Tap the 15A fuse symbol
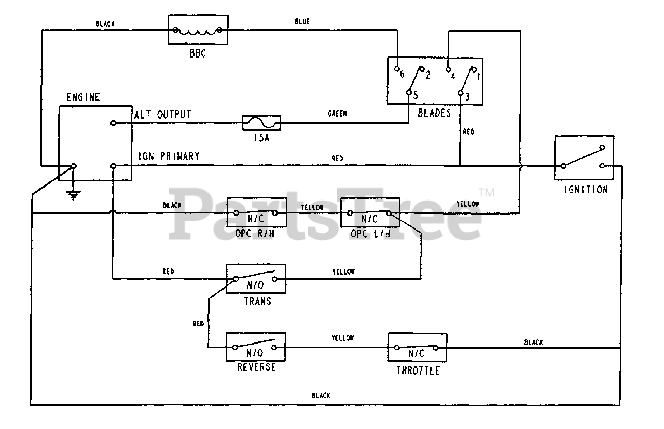(261, 123)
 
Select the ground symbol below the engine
(73, 195)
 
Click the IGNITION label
(586, 190)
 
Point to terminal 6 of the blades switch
(397, 69)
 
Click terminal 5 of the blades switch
(408, 92)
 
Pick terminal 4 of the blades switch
(448, 69)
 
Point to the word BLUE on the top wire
(302, 21)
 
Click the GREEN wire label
(337, 113)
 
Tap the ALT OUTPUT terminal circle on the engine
(113, 123)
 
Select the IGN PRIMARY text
(169, 156)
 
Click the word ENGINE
(83, 97)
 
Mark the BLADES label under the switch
(434, 113)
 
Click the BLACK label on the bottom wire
(321, 395)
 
